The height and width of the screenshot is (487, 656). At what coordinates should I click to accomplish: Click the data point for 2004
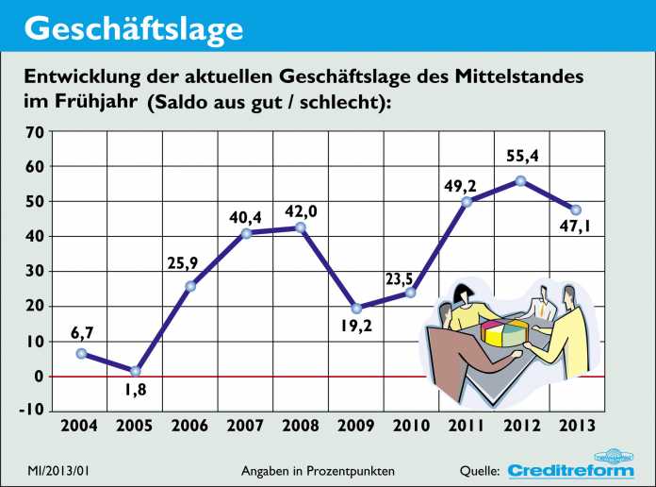tap(81, 353)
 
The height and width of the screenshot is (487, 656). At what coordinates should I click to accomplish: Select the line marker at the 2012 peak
tap(520, 181)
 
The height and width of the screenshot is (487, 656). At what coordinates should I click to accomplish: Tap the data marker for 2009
tap(355, 309)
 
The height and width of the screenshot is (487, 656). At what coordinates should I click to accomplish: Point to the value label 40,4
tap(246, 218)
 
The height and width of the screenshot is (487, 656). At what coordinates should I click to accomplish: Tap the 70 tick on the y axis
tap(34, 132)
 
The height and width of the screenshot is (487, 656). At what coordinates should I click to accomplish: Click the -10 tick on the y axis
tap(31, 410)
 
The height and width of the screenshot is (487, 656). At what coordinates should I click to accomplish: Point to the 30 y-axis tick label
tap(34, 272)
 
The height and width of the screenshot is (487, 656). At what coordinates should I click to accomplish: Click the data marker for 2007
tap(246, 232)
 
